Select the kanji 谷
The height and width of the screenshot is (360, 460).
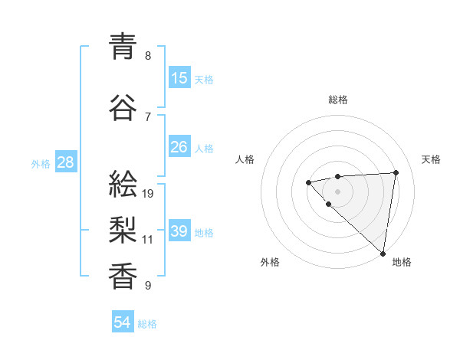(x=123, y=107)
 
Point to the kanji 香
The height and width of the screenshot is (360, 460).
(x=123, y=275)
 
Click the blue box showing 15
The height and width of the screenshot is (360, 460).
(x=179, y=78)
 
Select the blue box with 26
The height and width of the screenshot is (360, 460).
(x=179, y=146)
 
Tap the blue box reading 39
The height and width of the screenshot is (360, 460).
(x=179, y=232)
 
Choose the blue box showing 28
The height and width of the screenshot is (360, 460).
(x=66, y=162)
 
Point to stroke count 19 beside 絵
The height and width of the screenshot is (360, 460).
(x=149, y=194)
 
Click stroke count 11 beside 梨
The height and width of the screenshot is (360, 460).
(x=149, y=240)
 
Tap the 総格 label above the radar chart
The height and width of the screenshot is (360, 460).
(x=338, y=100)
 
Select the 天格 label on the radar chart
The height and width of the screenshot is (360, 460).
(x=432, y=159)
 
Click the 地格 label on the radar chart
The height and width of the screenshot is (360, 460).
(x=402, y=262)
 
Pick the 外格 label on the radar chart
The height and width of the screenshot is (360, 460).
(x=270, y=262)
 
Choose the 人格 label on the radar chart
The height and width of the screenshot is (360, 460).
(x=245, y=159)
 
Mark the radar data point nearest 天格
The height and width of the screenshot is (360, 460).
(x=396, y=172)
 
